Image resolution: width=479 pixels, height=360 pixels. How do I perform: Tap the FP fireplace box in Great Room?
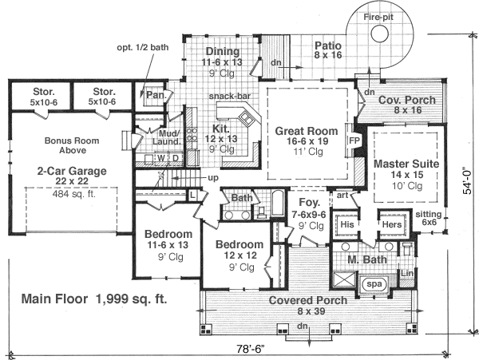[x=354, y=139]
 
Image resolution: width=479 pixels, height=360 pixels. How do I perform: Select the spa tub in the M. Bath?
[x=374, y=283]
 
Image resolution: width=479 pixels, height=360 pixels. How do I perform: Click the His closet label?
[x=346, y=225]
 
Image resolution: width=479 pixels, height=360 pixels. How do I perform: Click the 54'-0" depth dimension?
[x=469, y=181]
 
